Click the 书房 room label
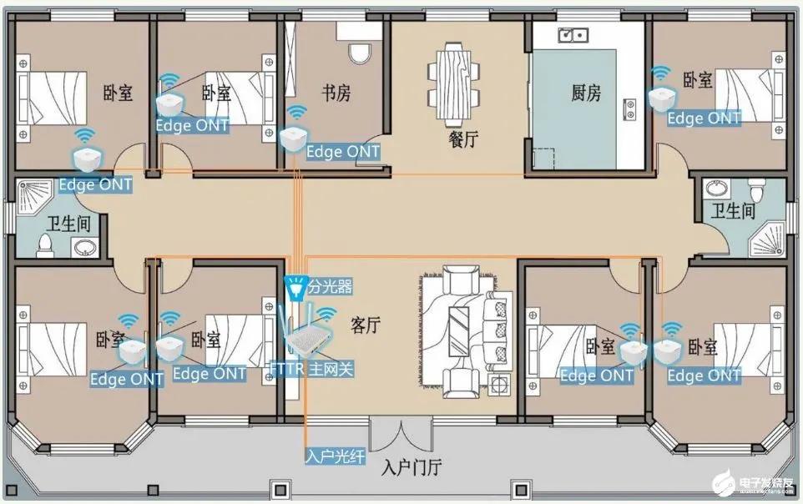[x=336, y=93]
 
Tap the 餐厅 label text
[x=463, y=139]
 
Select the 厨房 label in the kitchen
[x=585, y=93]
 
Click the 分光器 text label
[x=330, y=287]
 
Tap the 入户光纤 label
[x=335, y=456]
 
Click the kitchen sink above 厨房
[x=573, y=35]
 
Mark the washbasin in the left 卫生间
[x=83, y=247]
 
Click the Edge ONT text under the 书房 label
[x=343, y=152]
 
